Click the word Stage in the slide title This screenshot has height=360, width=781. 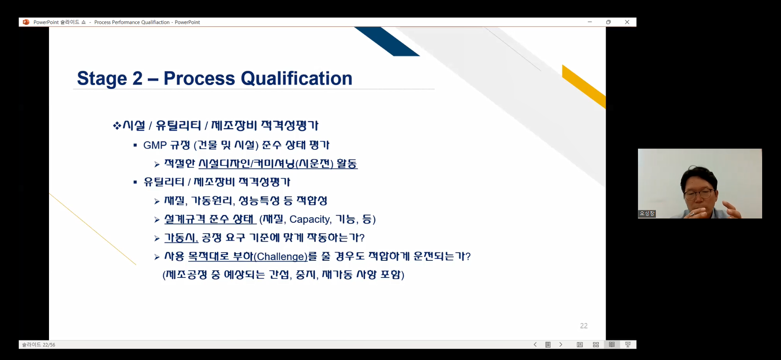point(102,79)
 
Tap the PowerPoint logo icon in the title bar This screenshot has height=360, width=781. point(26,22)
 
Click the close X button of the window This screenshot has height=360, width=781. point(627,22)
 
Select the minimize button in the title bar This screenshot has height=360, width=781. point(590,22)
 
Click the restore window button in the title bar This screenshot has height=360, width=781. point(608,22)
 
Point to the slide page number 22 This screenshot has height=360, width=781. point(584,326)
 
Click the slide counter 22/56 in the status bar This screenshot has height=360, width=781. point(39,345)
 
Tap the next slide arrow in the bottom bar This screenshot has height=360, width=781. point(561,345)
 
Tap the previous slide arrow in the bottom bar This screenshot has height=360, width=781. point(535,345)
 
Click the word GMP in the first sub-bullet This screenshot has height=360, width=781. point(155,145)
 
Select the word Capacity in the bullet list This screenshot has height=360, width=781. point(309,219)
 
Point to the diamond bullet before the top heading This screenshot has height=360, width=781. point(117,126)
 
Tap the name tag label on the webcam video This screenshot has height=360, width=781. point(647,213)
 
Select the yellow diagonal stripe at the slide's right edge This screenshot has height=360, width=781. point(584,87)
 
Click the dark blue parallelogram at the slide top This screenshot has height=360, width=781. point(387,41)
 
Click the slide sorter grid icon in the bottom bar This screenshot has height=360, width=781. point(596,345)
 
